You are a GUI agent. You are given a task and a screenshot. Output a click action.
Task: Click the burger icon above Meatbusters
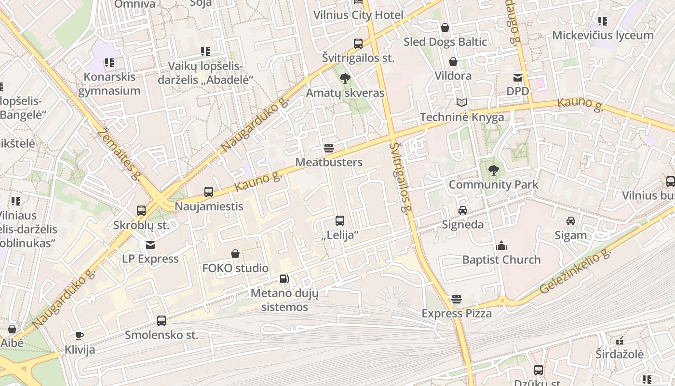pos(329,148)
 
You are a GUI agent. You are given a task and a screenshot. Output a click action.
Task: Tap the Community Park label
pos(493,184)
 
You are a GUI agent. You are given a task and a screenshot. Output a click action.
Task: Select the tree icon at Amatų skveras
pos(345,78)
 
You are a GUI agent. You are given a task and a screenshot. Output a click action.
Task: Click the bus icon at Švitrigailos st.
pos(358,44)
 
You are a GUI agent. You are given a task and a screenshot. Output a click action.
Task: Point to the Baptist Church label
pos(501,260)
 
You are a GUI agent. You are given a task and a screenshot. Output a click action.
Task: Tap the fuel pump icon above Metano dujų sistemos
pos(284,279)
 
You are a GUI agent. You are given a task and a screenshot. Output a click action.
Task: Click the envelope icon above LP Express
pos(150,245)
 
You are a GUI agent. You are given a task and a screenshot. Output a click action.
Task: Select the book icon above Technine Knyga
pos(462,102)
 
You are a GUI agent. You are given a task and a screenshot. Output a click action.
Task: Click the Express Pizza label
pos(457,314)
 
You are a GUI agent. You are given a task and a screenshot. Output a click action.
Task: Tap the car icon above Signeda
pos(462,210)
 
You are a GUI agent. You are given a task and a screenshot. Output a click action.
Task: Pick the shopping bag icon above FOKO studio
pos(235,254)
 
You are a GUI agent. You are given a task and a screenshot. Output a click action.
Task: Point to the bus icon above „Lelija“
pos(340,221)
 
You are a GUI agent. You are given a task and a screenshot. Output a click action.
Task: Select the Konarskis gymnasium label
pos(109,84)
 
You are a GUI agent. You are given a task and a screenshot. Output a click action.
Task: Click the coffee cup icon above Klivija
pos(80,335)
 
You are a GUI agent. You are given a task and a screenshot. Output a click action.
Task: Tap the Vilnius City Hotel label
pos(358,15)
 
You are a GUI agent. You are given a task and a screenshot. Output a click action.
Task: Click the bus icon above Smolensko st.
pos(162,320)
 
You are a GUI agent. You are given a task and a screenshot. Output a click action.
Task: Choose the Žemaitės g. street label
pos(118,154)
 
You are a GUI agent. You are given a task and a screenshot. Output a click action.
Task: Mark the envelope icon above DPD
pos(518,77)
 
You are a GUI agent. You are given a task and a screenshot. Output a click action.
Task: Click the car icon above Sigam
pos(571,221)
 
